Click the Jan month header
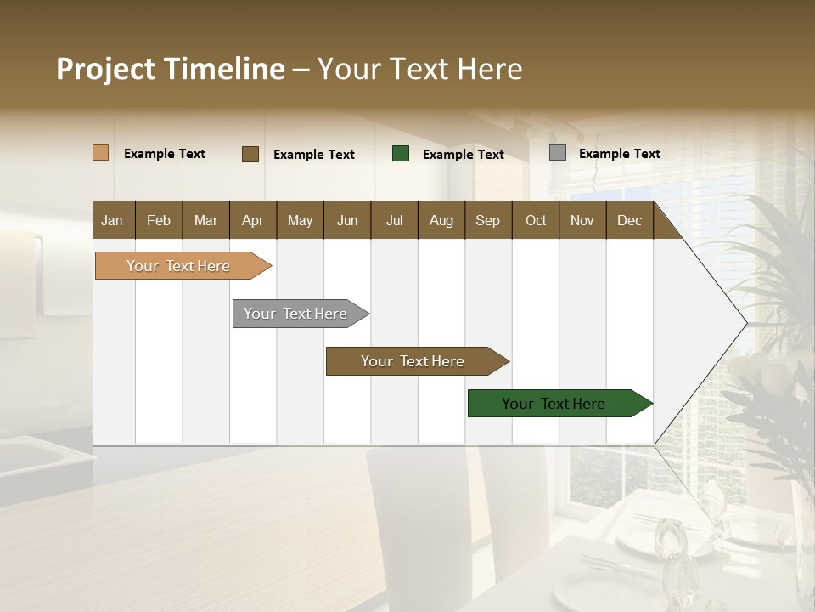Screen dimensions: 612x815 [x=112, y=220]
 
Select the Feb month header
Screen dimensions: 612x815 [x=159, y=220]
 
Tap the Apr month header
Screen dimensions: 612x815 [x=252, y=220]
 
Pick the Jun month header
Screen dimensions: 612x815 [x=347, y=220]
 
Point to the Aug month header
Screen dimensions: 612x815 [x=441, y=220]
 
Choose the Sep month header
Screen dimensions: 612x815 [x=487, y=220]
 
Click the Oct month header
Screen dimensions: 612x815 [x=536, y=220]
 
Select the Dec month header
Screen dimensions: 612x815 [x=629, y=220]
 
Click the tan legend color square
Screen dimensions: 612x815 [x=101, y=153]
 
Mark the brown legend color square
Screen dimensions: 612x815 [x=250, y=154]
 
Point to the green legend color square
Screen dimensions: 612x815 [x=401, y=154]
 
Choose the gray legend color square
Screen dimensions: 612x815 [x=558, y=153]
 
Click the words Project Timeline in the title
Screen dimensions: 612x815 [x=171, y=69]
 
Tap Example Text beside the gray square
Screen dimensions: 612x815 [x=619, y=154]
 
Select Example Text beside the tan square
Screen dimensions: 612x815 [x=165, y=154]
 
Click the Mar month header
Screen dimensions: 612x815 [x=205, y=220]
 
